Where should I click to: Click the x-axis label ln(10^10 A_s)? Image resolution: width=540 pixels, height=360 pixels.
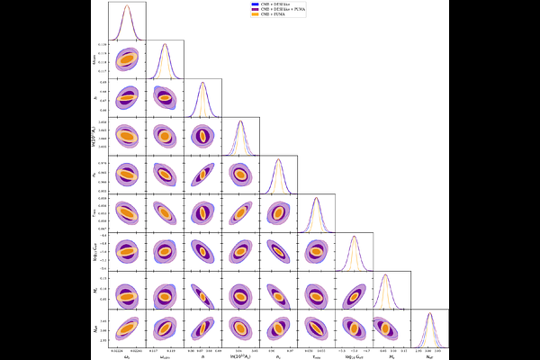click(240, 355)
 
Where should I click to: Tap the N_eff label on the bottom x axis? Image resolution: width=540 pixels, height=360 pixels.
click(429, 355)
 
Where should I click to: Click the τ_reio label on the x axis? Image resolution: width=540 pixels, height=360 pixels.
click(316, 355)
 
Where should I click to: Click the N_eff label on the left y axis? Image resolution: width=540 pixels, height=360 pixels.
click(96, 328)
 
